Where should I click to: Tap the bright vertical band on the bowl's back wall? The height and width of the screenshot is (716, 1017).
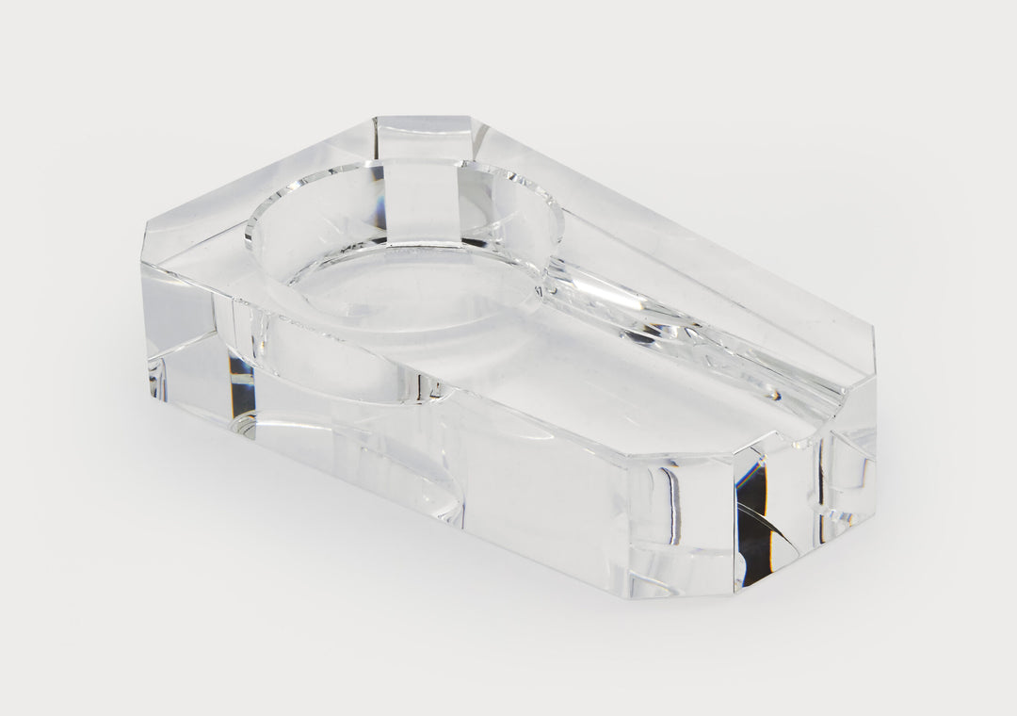click(x=424, y=203)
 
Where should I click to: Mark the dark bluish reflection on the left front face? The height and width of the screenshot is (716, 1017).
click(x=240, y=377)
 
